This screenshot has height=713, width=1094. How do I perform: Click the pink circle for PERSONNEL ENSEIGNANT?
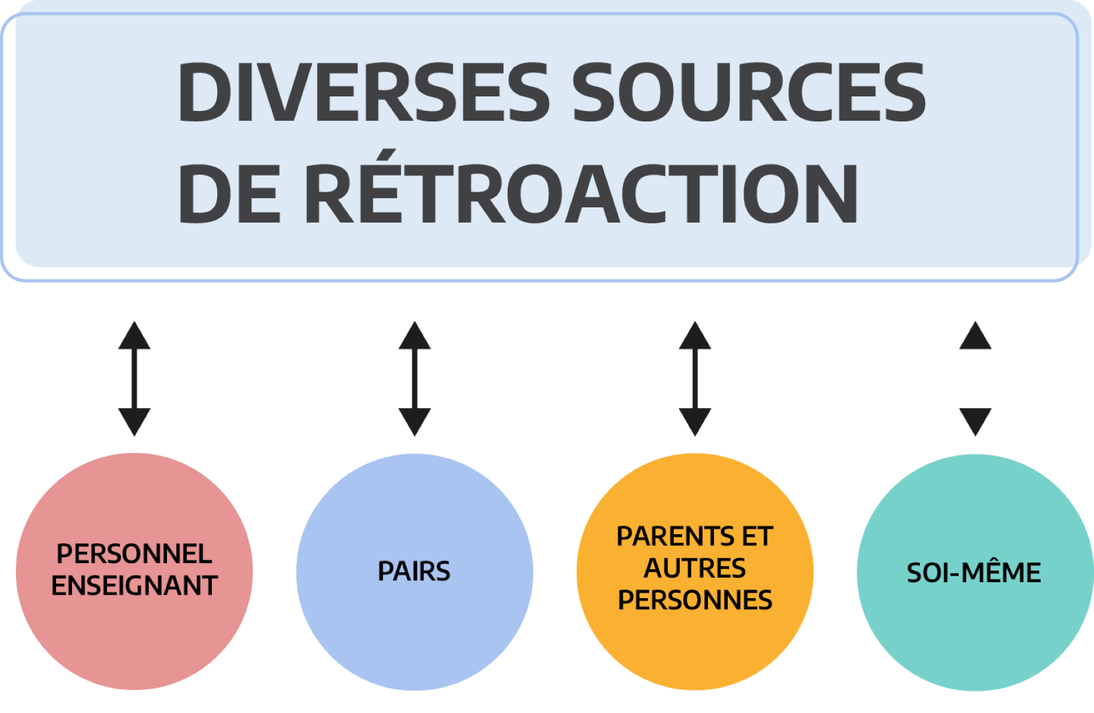[135, 634]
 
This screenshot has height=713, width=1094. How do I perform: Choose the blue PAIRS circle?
[414, 634]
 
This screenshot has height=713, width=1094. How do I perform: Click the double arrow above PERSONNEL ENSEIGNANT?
[135, 378]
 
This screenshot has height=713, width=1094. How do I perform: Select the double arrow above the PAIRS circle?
[414, 378]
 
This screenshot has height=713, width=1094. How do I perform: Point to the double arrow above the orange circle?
[695, 378]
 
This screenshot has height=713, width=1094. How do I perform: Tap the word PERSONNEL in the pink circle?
[135, 554]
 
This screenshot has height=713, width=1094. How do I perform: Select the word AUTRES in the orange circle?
[695, 568]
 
